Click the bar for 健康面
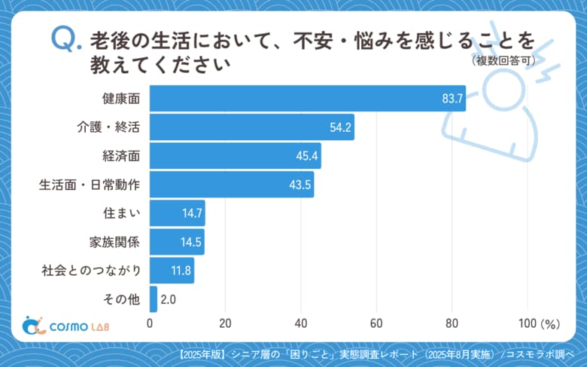click(x=307, y=98)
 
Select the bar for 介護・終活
click(x=252, y=127)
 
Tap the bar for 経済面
click(x=236, y=155)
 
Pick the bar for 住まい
click(x=178, y=213)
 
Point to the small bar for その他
click(x=154, y=299)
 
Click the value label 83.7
click(x=452, y=99)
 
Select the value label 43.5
click(x=301, y=185)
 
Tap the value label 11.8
click(x=181, y=271)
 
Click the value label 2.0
click(x=169, y=300)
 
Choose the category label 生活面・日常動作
click(x=90, y=185)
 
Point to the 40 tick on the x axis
click(x=301, y=323)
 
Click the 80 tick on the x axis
click(x=452, y=323)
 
